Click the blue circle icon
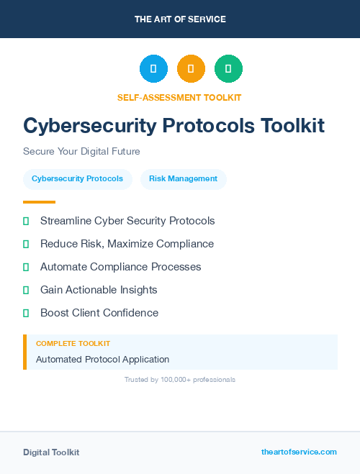(153, 69)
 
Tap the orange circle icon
(191, 69)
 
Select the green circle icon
(228, 69)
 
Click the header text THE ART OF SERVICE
(180, 19)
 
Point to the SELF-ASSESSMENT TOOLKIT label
(179, 97)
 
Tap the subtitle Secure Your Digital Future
(81, 152)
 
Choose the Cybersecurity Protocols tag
(78, 179)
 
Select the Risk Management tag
(183, 179)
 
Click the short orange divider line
(39, 202)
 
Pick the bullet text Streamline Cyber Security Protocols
(127, 221)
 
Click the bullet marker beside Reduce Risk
(26, 244)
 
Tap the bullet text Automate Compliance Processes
(120, 267)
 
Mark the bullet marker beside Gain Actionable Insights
(26, 290)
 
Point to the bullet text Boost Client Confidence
(99, 313)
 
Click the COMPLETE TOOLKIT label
(73, 344)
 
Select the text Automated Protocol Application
(102, 359)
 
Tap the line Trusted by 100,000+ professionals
(180, 379)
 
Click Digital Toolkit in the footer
(51, 452)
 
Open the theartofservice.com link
(299, 452)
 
